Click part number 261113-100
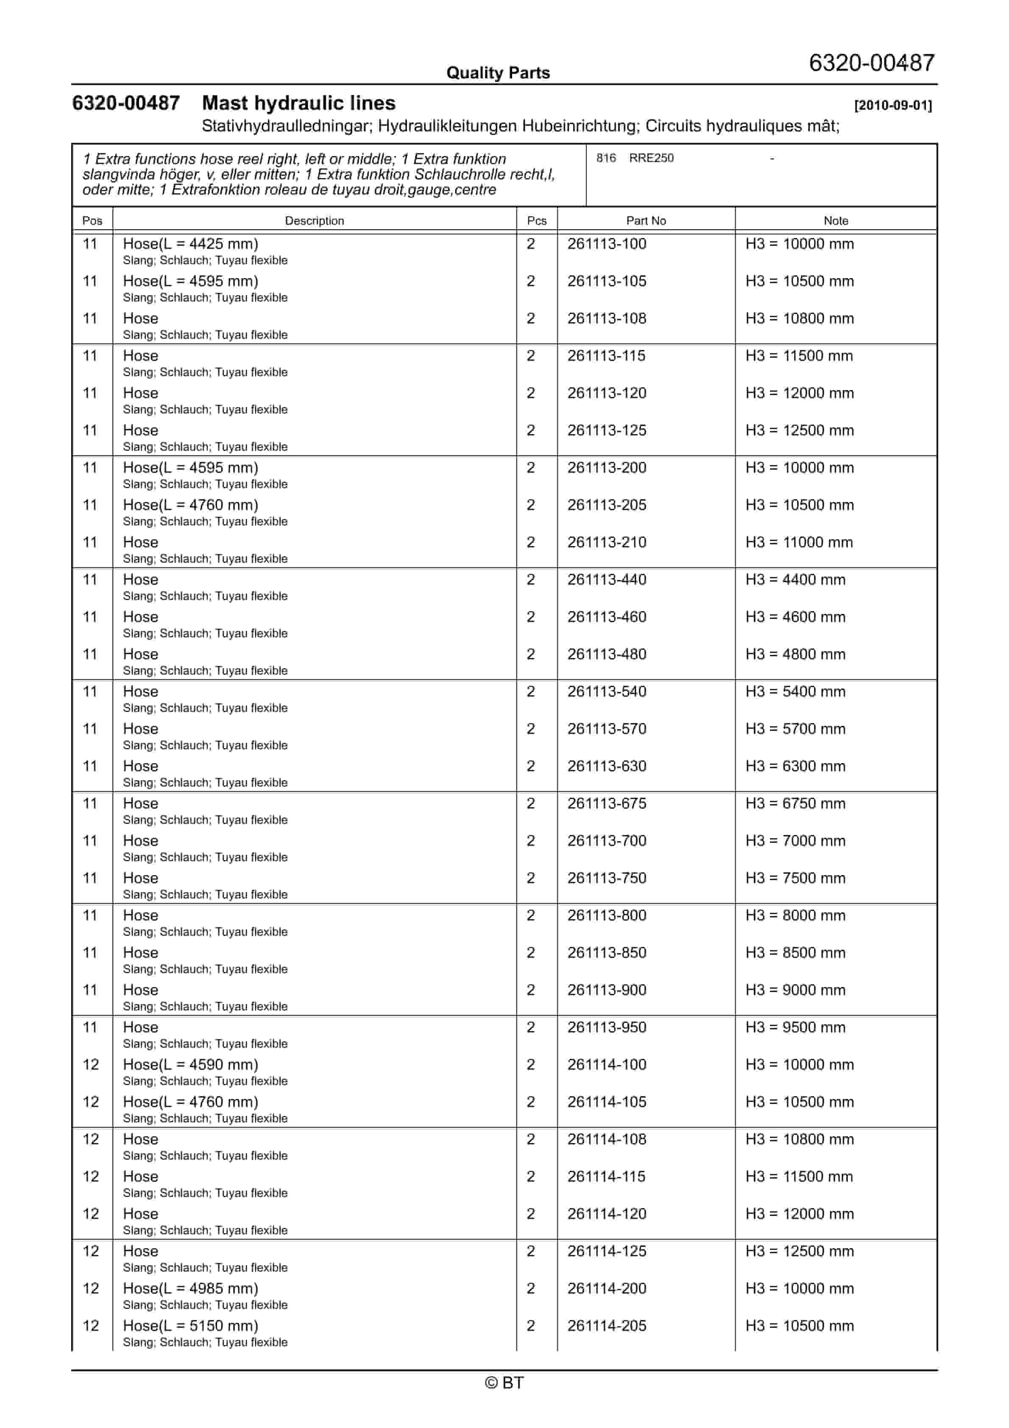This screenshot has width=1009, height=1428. click(x=607, y=244)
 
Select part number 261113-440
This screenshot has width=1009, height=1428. click(x=607, y=580)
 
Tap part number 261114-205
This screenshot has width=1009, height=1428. click(x=607, y=1325)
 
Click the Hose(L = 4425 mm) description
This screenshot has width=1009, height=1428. click(x=190, y=244)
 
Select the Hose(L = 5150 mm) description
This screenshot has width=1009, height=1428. click(x=190, y=1325)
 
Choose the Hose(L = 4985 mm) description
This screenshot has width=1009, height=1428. click(x=190, y=1288)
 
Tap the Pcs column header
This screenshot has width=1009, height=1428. click(x=536, y=221)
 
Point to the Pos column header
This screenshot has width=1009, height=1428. click(x=92, y=221)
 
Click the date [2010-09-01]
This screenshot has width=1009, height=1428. click(x=893, y=105)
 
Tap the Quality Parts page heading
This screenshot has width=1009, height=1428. click(x=498, y=73)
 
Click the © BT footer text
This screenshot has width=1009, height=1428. click(x=504, y=1383)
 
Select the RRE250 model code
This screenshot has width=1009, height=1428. click(x=651, y=158)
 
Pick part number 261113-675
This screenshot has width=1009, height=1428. click(x=607, y=803)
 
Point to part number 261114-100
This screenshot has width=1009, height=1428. click(x=607, y=1065)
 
